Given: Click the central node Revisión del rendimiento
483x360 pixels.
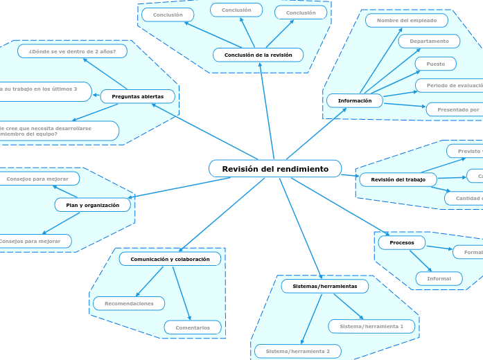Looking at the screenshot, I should (275, 169).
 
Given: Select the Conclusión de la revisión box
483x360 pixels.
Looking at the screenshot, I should (258, 55).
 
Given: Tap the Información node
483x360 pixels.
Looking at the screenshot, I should (354, 101).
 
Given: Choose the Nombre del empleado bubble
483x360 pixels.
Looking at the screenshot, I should (407, 21).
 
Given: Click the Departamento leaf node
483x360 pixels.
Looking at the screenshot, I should (429, 42).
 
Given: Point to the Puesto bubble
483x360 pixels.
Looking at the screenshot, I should (435, 64).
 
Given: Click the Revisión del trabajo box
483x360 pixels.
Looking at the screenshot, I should (398, 180).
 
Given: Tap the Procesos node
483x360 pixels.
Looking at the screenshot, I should (402, 243).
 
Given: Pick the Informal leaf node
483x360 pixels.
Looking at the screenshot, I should (439, 278).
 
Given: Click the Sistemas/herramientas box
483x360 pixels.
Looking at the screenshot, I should (324, 286).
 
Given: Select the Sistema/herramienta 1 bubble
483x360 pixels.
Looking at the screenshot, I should (371, 326).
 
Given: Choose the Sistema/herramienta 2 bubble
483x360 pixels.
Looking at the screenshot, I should (298, 352).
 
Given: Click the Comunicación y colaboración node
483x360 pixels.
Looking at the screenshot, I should (170, 259).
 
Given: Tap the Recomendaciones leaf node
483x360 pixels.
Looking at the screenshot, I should (129, 303).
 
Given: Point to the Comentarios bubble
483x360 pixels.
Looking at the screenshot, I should (193, 327).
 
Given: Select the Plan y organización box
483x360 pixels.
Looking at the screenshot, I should (93, 205).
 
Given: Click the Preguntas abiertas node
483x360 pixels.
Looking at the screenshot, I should (137, 96).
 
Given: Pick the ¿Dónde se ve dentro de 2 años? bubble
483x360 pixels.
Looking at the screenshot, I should (73, 51).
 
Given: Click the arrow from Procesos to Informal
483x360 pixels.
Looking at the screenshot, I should (421, 261).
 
